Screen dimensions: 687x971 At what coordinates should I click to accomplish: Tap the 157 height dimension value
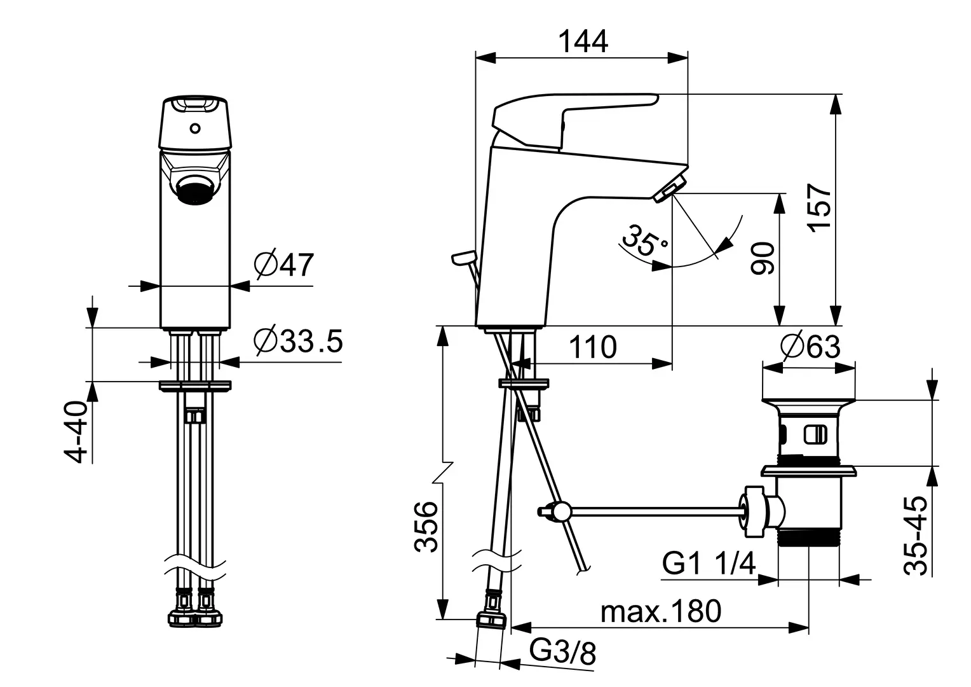(819, 208)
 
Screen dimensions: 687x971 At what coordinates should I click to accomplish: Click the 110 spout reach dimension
(592, 347)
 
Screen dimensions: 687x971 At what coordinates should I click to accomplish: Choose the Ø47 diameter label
(284, 265)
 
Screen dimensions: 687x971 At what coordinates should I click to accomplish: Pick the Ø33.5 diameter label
(298, 342)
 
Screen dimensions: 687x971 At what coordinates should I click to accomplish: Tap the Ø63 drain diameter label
(811, 347)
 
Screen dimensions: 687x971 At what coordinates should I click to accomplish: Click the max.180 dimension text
(661, 611)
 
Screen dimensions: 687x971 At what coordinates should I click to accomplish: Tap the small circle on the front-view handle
(194, 129)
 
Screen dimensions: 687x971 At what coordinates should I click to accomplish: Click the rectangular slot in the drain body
(815, 435)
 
